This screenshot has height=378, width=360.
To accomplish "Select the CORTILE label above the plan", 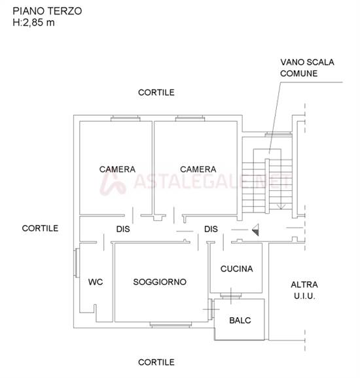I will point(156,92).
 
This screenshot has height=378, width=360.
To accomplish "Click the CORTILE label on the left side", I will point(40,228).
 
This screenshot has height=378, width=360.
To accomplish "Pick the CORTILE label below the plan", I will point(156,362).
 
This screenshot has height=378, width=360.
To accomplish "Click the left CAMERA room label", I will point(117,169).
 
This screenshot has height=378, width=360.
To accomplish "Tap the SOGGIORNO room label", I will point(160,282).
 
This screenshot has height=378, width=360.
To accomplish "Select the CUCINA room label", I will point(236,268).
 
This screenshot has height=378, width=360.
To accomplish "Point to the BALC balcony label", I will point(240,320).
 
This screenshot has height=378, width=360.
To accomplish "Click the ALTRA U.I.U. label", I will point(304,290).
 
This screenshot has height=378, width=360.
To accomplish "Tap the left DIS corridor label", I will point(122,229).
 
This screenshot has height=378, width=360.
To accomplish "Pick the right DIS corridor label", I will point(211,229).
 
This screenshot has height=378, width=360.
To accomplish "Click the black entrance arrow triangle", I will point(256,229).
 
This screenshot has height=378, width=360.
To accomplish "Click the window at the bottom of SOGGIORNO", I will point(170,324).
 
